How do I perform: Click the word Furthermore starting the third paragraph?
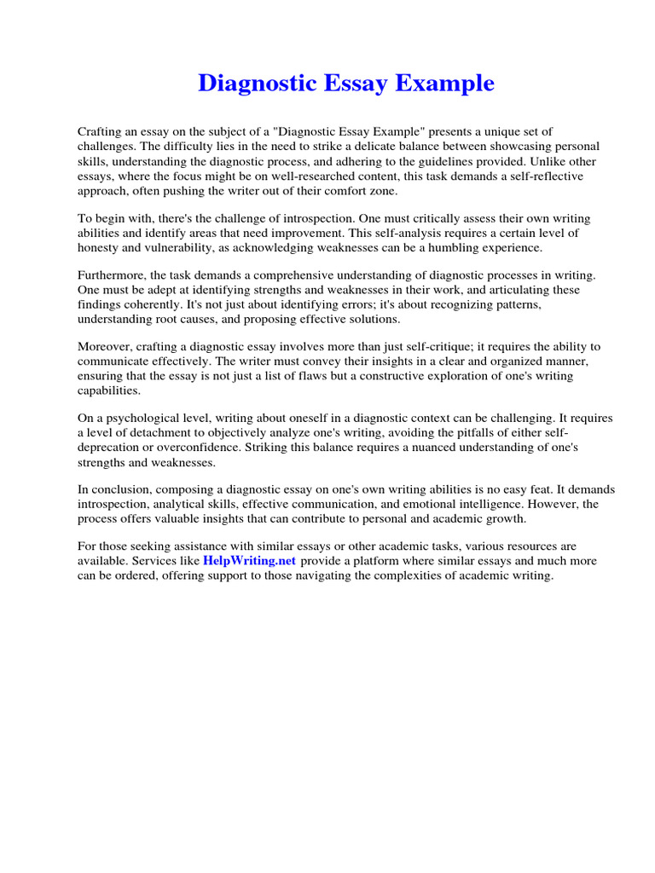click(113, 275)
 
